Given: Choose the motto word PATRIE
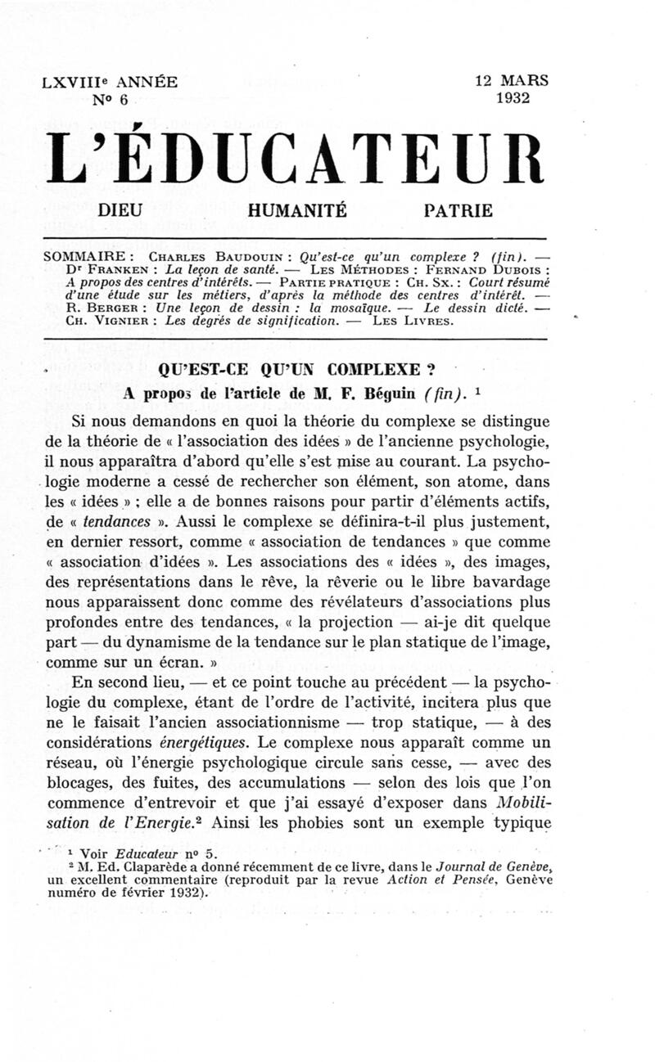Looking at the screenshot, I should pos(458,210).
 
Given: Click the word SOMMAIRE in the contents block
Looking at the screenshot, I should pos(82,255).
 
